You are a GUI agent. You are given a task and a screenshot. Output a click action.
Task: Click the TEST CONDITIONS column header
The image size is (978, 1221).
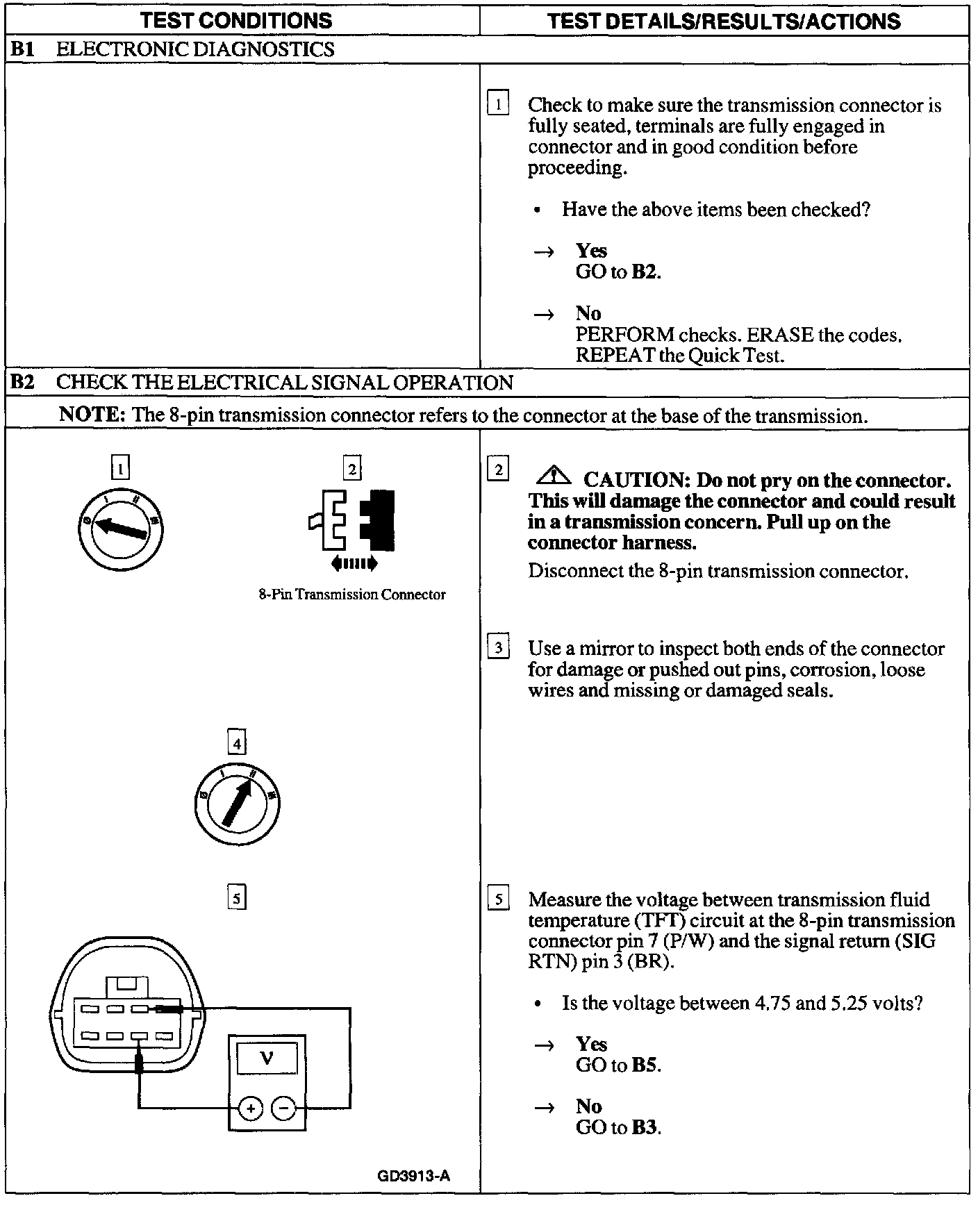point(236,20)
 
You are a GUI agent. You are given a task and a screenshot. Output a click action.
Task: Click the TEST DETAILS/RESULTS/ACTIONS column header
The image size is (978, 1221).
point(724,21)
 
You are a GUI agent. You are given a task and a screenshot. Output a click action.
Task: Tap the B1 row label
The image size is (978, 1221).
point(24,49)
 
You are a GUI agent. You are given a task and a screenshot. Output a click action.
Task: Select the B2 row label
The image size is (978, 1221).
point(24,382)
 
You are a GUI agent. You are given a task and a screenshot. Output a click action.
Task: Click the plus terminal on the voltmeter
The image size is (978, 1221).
point(250,1109)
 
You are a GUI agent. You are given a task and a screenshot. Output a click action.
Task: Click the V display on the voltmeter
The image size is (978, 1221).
point(267,1059)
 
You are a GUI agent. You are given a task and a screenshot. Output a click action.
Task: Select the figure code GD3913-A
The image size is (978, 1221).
point(414,1176)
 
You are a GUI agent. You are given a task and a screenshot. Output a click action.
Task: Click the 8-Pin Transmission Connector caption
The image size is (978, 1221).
point(352,595)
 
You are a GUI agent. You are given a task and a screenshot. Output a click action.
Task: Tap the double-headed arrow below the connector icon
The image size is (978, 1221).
point(355,563)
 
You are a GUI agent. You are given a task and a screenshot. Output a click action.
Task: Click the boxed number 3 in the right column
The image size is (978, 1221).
point(498,648)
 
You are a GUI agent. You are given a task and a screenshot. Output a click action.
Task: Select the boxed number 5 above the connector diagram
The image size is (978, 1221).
point(237,899)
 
